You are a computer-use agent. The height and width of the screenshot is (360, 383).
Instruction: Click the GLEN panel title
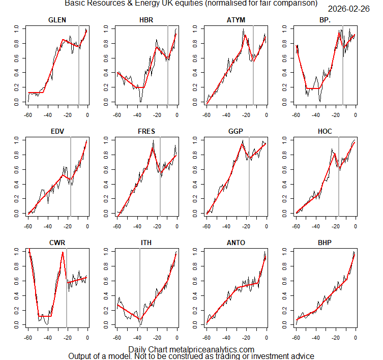pos(57,20)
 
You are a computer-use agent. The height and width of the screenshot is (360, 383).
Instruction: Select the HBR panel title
pos(146,20)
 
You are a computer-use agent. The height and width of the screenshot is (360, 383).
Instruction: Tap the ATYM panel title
pos(236,20)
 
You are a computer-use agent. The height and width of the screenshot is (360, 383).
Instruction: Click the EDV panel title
pos(57,131)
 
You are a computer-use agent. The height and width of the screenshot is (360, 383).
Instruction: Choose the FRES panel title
pos(146,131)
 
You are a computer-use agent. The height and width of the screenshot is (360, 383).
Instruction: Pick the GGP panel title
pos(236,131)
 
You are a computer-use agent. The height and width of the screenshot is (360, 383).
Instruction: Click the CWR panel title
pos(57,243)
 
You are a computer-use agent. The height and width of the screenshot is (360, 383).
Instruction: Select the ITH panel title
pos(146,243)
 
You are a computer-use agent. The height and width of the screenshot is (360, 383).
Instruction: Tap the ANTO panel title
pos(236,243)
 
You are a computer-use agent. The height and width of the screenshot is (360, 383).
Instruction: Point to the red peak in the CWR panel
pos(63,252)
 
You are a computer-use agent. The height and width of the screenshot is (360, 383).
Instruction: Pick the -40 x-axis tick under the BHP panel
pos(315,337)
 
